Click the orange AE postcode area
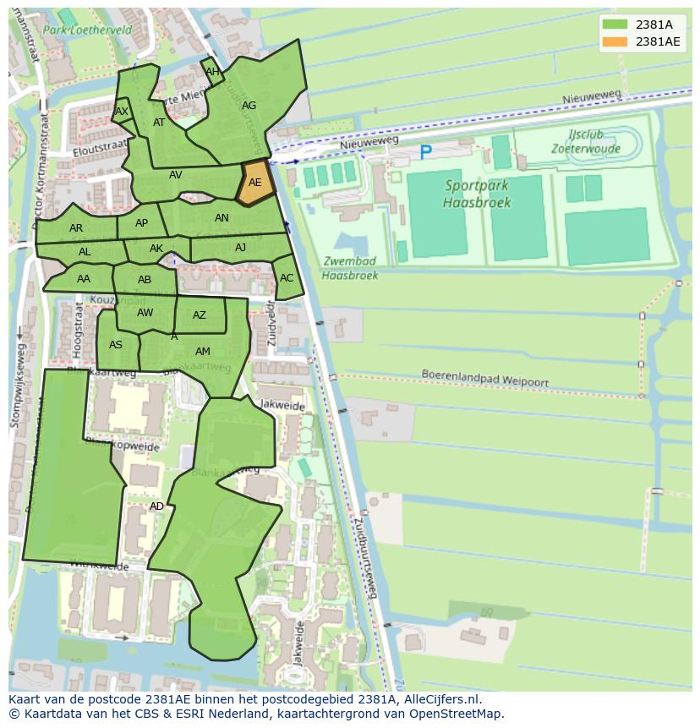255,183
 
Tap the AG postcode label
249,106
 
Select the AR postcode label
76,228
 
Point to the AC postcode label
287,278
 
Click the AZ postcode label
200,315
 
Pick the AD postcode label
156,506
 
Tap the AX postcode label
122,112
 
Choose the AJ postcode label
241,248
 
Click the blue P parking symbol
425,153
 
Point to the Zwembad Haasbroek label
350,268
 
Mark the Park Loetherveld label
88,29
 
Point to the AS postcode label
116,344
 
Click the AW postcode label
145,313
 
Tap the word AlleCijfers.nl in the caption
442,699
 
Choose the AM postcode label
203,351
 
